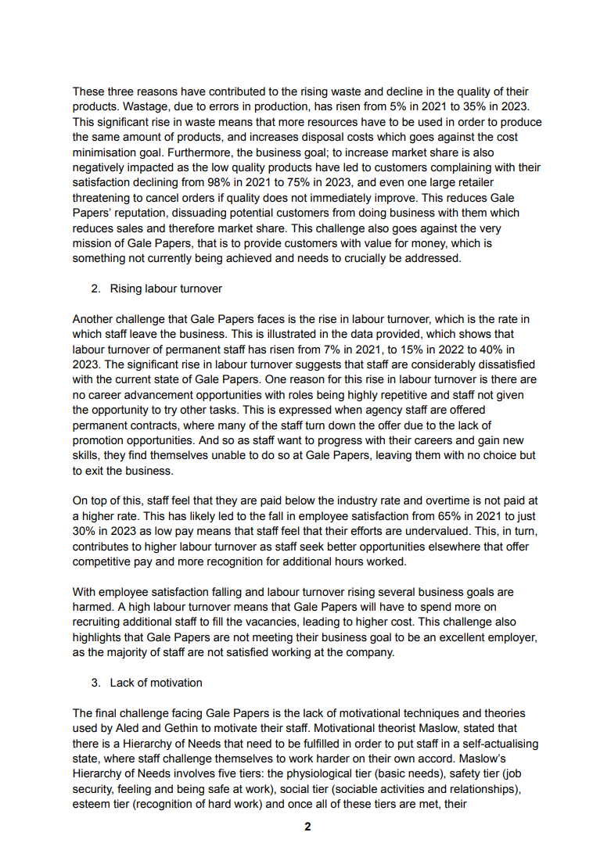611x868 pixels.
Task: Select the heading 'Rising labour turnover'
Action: [166, 289]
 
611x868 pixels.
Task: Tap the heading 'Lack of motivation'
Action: [156, 683]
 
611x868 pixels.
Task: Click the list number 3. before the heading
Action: [95, 683]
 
